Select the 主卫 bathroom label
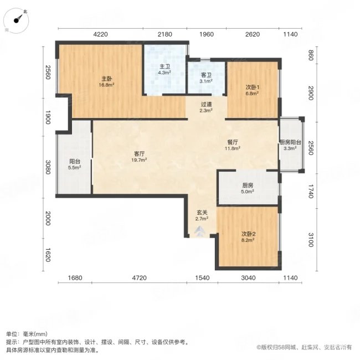[164, 66]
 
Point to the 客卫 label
[205, 75]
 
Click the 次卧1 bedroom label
[253, 87]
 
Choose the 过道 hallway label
[205, 104]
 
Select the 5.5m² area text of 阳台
[75, 168]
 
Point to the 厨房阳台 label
[290, 142]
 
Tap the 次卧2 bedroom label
[247, 234]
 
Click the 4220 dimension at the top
[100, 35]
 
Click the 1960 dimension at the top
[206, 35]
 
